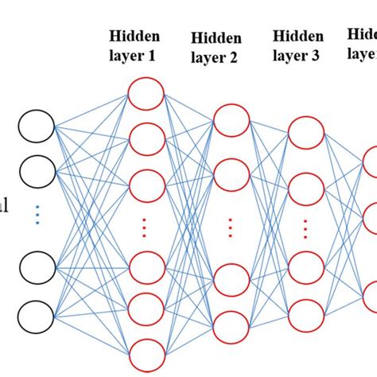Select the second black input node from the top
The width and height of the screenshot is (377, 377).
click(x=37, y=170)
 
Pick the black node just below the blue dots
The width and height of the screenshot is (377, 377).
click(x=37, y=268)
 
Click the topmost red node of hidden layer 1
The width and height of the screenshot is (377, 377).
click(x=146, y=94)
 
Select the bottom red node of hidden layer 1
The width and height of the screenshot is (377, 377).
click(x=146, y=352)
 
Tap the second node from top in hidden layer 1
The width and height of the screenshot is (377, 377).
click(x=146, y=139)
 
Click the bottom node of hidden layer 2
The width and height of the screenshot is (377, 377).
click(x=231, y=326)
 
